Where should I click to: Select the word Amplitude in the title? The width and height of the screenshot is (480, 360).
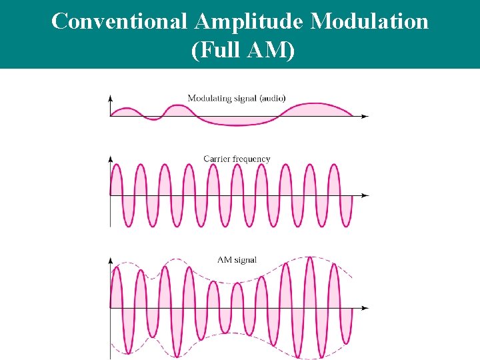(249, 22)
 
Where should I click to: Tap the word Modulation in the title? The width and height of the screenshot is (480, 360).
(370, 22)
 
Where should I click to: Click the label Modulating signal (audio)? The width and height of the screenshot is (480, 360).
(237, 98)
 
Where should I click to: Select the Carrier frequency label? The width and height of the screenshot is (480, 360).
(237, 159)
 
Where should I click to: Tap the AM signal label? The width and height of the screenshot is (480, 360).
(237, 260)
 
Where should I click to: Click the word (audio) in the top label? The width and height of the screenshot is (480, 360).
(273, 98)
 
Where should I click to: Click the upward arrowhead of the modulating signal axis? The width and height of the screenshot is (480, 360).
(110, 97)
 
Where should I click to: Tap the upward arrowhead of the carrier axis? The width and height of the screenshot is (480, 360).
(110, 159)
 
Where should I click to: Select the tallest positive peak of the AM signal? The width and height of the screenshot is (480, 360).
(309, 259)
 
